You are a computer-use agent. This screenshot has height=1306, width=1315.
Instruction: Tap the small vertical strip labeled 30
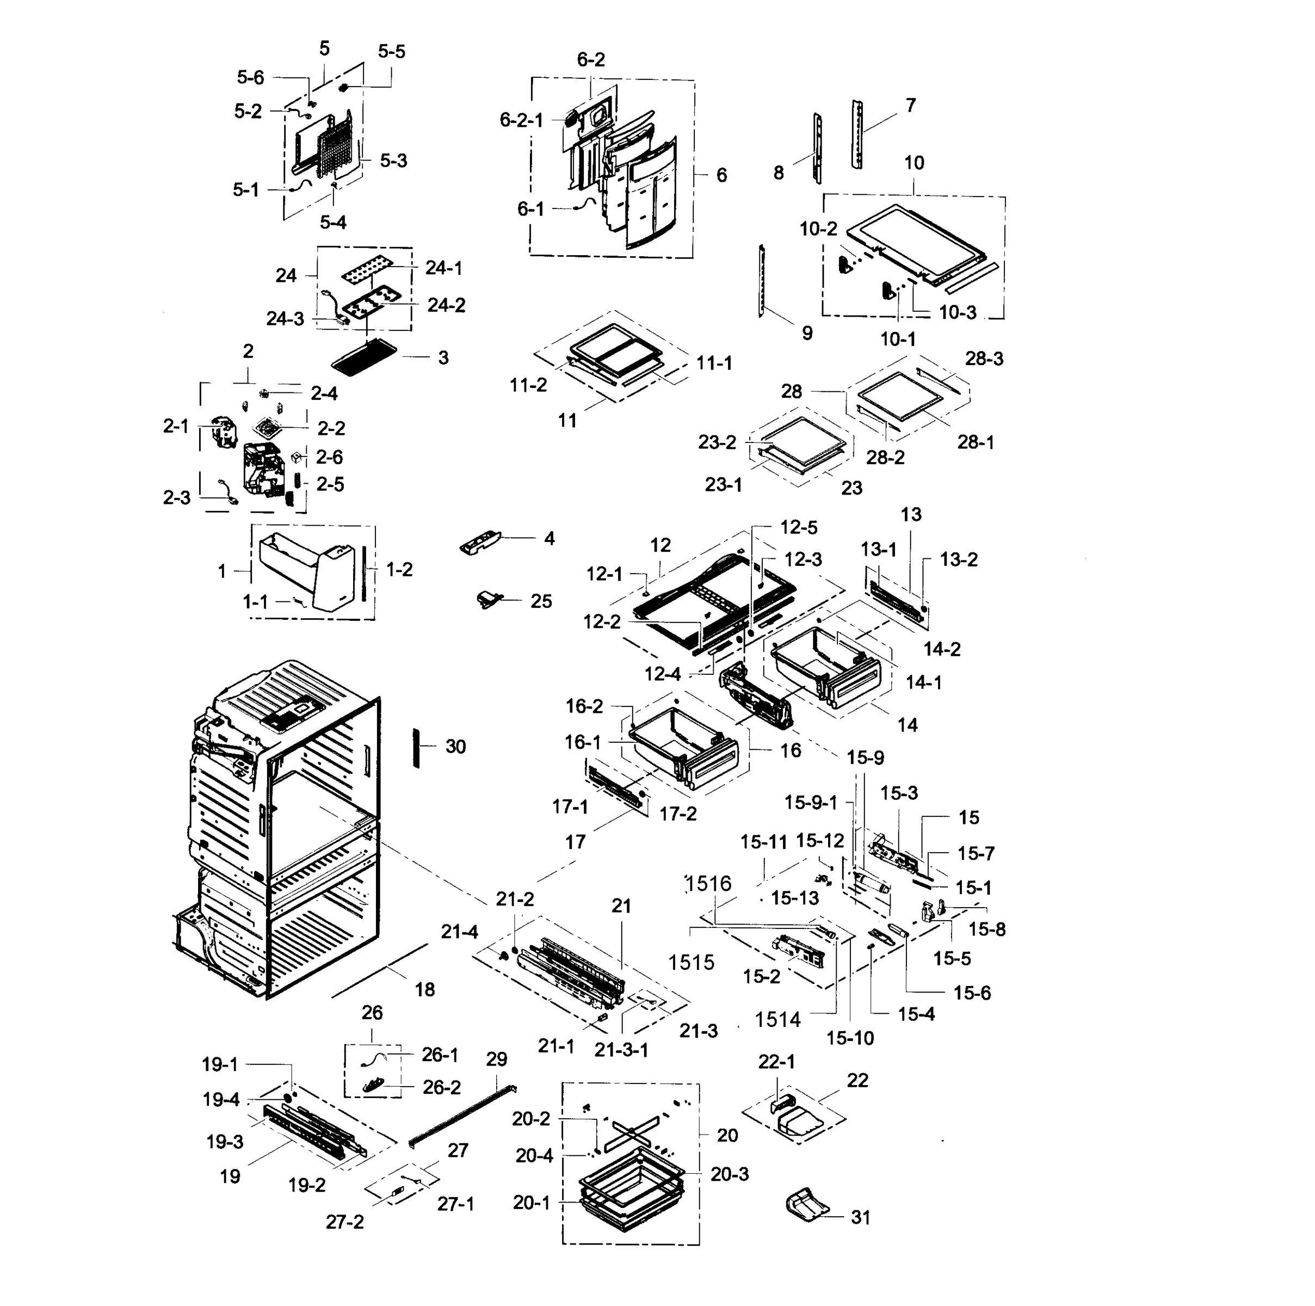[x=415, y=747]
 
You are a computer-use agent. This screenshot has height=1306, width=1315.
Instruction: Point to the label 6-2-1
[x=521, y=120]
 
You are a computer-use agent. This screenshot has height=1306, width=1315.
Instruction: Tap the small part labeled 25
[x=488, y=599]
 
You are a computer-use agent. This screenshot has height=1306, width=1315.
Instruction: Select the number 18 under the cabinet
[x=425, y=989]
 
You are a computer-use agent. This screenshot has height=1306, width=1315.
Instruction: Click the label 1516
[x=708, y=883]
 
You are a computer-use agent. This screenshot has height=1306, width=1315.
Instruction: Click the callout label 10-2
[x=818, y=229]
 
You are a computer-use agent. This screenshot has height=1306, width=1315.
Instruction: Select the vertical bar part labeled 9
[x=762, y=281]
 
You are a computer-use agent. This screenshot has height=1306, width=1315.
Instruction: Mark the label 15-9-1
[x=811, y=802]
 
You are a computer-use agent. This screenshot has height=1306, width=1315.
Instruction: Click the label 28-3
[x=984, y=358]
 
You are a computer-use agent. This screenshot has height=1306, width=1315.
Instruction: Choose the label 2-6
[x=329, y=457]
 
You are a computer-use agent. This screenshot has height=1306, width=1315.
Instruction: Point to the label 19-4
[x=221, y=1099]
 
